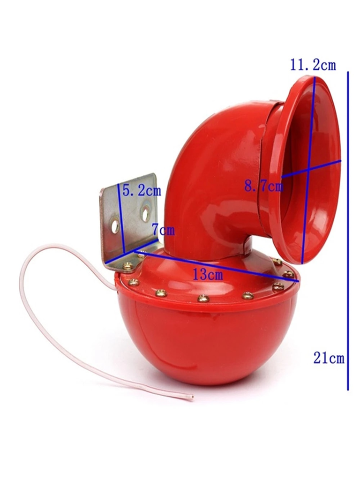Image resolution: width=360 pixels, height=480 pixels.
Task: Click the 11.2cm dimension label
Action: click(313, 65)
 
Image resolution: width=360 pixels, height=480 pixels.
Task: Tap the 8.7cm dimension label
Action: click(264, 186)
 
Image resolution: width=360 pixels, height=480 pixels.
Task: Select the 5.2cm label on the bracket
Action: click(142, 190)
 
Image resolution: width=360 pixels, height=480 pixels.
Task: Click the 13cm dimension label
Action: click(208, 275)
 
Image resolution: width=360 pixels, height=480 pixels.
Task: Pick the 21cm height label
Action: click(329, 358)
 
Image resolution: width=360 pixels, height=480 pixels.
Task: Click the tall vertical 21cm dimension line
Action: click(348, 231)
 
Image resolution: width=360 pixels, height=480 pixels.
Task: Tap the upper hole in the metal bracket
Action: click(146, 214)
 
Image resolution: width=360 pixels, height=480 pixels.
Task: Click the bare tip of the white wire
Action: click(192, 398)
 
